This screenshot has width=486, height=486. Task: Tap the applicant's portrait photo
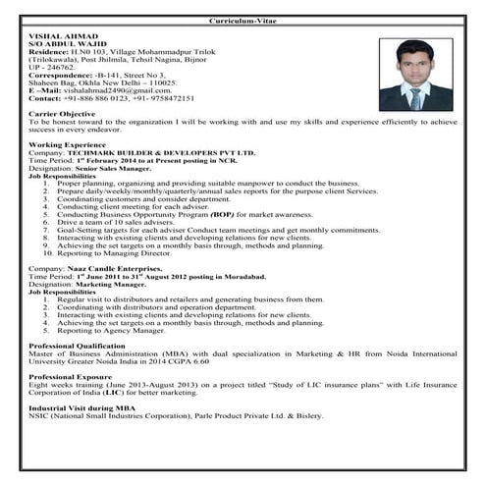point(415,75)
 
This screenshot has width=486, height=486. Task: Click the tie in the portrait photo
point(415,97)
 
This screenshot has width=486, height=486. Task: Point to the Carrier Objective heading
point(66,113)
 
